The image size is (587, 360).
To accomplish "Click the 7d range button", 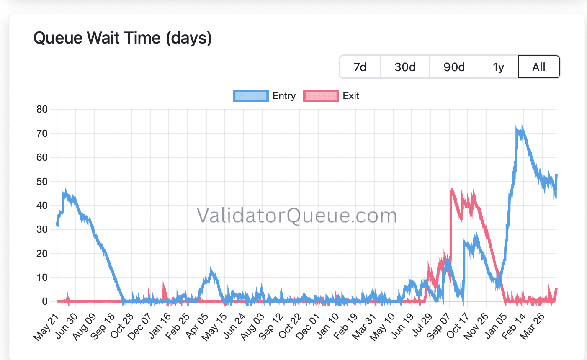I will tap(360, 67).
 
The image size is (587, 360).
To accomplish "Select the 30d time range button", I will tap(405, 67).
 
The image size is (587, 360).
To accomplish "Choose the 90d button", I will tap(454, 67).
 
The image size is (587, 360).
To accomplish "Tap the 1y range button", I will tap(498, 67).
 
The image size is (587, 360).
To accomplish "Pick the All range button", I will tap(539, 67).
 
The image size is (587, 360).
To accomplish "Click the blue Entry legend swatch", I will tap(251, 96).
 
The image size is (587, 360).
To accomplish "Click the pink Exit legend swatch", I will tap(321, 96).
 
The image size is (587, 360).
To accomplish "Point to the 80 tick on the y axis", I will tap(42, 110).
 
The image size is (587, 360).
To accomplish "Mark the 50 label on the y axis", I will tap(42, 182).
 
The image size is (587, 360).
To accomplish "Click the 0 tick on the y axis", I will tap(45, 301).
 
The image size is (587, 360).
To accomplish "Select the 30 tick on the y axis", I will tap(42, 229).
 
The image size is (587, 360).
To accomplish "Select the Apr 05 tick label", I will tap(196, 326).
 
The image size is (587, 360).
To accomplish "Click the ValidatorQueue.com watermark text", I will tap(297, 216).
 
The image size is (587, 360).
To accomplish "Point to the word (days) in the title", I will tap(189, 38).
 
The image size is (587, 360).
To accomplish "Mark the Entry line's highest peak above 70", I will tap(522, 127).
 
